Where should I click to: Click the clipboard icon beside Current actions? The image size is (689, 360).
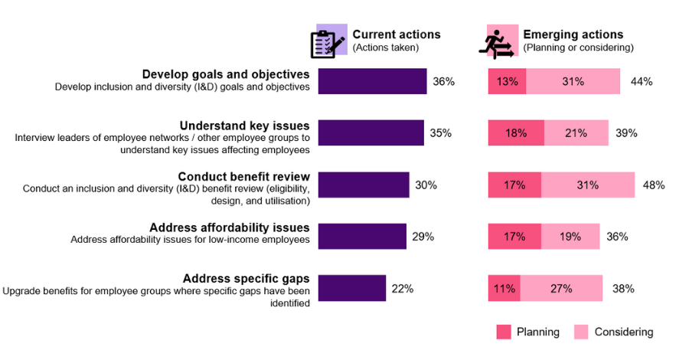[x=328, y=42]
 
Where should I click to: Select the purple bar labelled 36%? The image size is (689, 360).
[x=372, y=81]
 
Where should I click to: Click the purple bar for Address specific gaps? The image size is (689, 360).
[x=351, y=289]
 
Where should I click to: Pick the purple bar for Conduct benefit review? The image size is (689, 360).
[x=363, y=185]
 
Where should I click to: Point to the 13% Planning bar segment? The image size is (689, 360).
[x=507, y=81]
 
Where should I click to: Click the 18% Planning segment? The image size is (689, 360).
[x=516, y=133]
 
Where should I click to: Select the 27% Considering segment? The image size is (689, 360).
[x=561, y=289]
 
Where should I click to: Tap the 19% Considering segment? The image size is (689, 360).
[x=570, y=237]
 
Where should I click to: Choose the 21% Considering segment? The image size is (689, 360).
[x=576, y=133]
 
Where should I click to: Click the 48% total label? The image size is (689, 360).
[x=654, y=185]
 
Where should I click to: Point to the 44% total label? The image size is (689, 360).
[x=642, y=81]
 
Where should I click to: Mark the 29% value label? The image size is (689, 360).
[x=423, y=237]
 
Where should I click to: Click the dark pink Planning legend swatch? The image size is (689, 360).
[x=503, y=332]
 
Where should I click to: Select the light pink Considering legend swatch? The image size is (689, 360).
[x=581, y=332]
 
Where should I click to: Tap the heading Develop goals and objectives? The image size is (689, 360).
[x=226, y=74]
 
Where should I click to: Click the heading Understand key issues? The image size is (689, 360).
[x=244, y=126]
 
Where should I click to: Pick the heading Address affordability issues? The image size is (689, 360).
[x=230, y=227]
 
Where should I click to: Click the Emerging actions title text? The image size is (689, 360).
[x=573, y=34]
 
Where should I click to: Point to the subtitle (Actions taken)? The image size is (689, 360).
[x=385, y=47]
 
